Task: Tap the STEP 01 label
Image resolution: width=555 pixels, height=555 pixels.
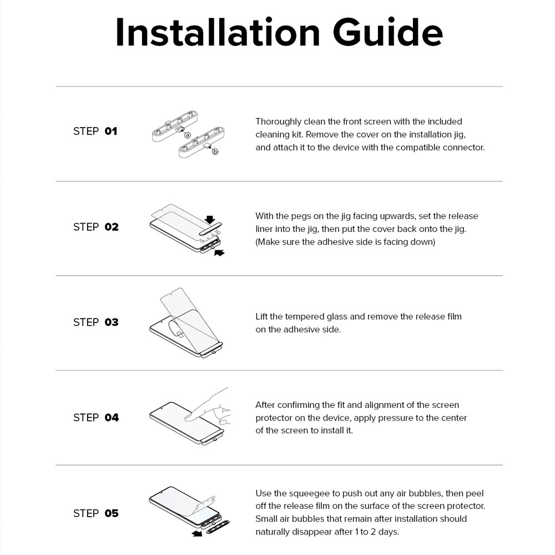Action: click(x=95, y=132)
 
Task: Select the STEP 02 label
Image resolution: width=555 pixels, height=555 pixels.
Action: click(x=96, y=227)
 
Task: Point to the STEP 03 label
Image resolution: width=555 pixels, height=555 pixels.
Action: click(x=96, y=322)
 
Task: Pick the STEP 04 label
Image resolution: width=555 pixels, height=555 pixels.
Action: click(x=96, y=418)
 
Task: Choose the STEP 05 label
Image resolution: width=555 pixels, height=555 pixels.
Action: click(x=96, y=513)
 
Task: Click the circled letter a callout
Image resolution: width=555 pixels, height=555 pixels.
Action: click(x=188, y=135)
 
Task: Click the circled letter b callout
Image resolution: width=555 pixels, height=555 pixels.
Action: click(x=215, y=151)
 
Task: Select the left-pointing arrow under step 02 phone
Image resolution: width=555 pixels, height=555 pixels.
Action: click(x=219, y=253)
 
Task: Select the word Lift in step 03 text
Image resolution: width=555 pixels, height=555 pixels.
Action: click(x=261, y=317)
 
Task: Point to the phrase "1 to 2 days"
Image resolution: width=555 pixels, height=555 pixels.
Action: click(x=372, y=532)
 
